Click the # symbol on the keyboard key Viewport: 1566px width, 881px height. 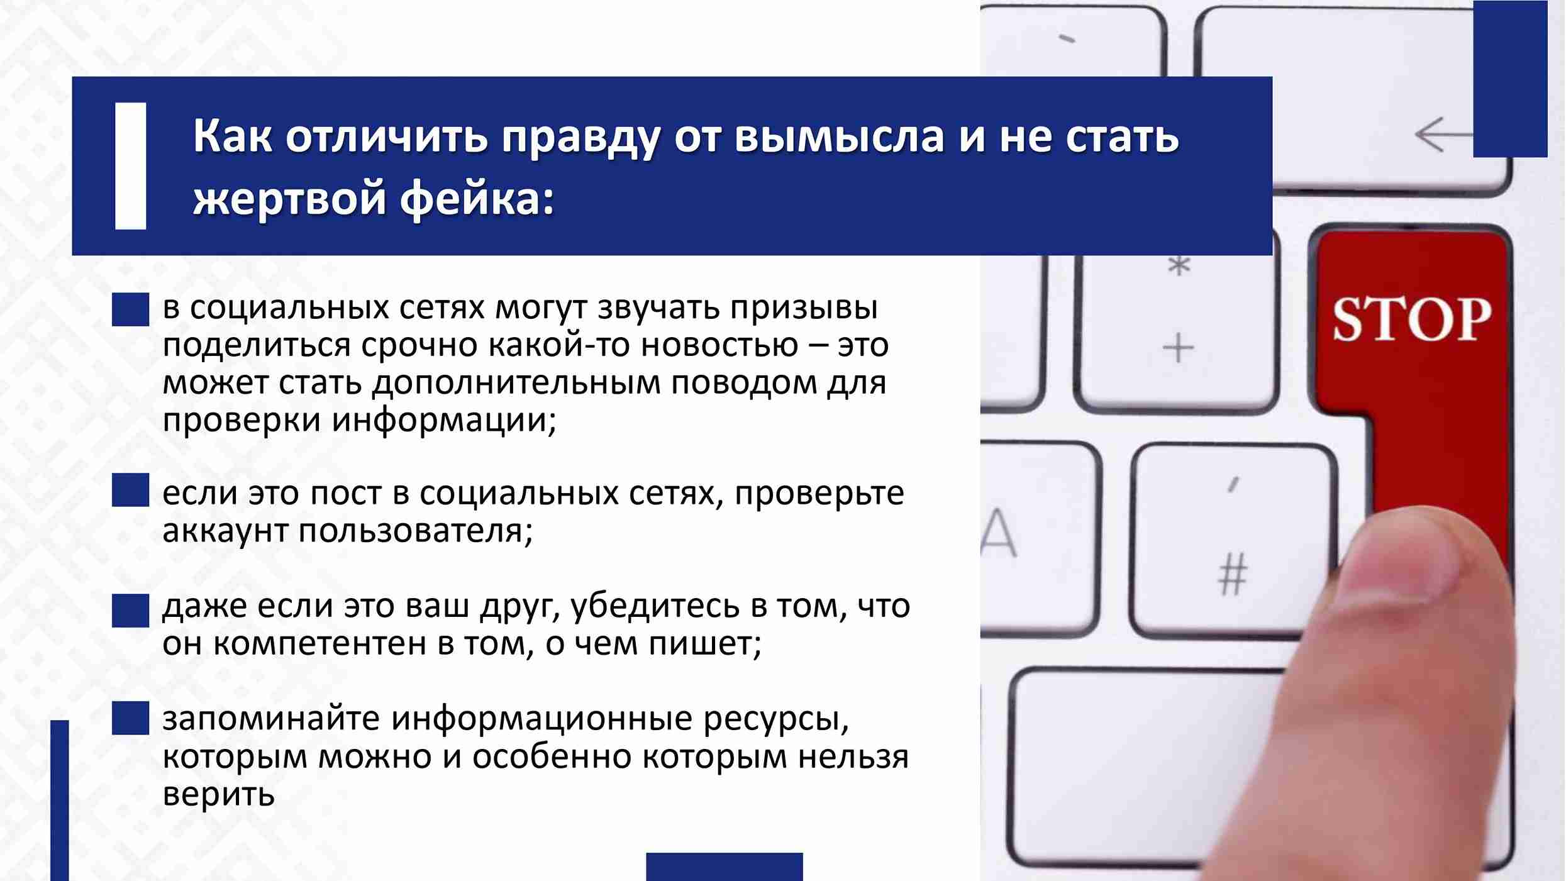click(x=1233, y=573)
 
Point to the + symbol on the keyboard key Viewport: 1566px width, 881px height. click(x=1178, y=348)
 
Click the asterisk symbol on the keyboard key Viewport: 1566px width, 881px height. click(x=1179, y=266)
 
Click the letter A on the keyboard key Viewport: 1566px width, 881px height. click(x=998, y=533)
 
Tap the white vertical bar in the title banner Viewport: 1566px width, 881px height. click(x=131, y=166)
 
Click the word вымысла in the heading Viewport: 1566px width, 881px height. click(x=838, y=136)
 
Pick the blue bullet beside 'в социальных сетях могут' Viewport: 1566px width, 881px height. click(x=131, y=309)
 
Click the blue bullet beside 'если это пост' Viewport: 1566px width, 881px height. click(x=131, y=490)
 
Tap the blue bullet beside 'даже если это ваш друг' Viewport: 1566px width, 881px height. click(x=131, y=611)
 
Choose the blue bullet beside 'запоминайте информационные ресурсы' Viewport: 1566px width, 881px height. click(x=131, y=718)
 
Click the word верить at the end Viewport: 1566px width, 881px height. click(x=219, y=794)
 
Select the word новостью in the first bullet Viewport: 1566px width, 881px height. click(x=720, y=346)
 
